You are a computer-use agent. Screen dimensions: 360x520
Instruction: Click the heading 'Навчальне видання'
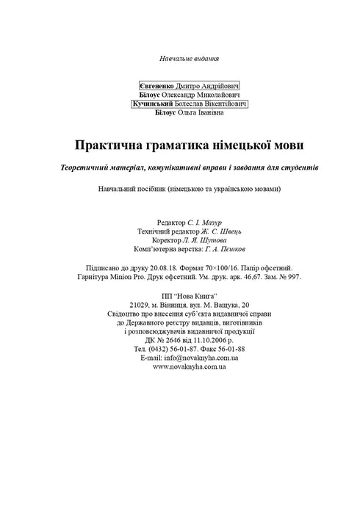click(x=190, y=58)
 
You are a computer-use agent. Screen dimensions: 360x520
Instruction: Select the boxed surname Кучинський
click(x=153, y=104)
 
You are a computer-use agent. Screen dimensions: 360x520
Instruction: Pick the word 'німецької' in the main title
click(x=240, y=145)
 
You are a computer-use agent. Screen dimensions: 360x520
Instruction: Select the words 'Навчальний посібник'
click(x=129, y=189)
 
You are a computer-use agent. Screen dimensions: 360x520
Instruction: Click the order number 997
click(x=292, y=277)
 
